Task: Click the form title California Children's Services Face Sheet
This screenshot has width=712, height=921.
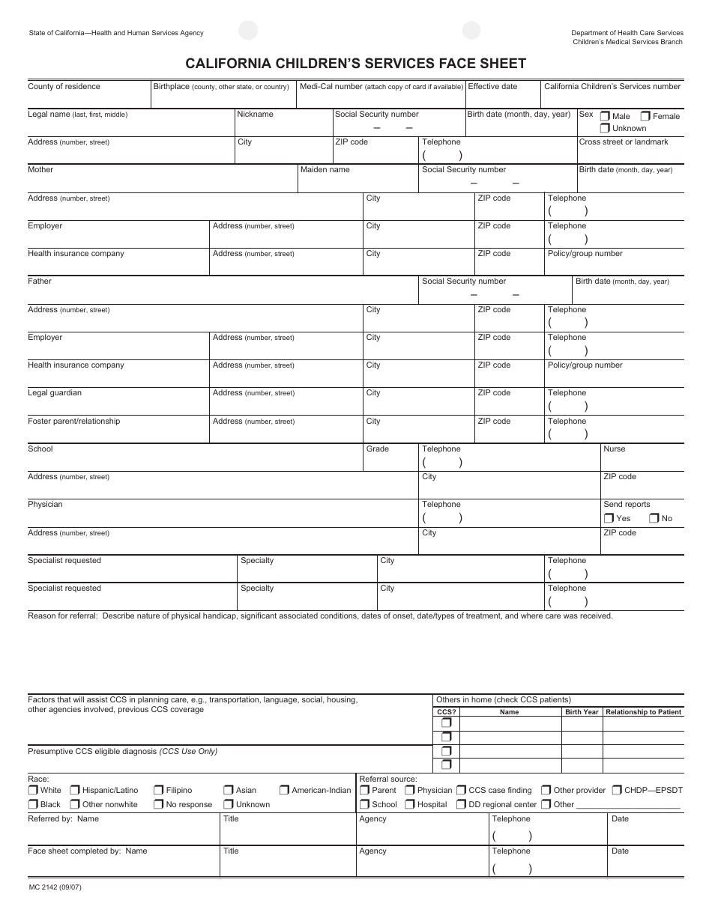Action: [356, 64]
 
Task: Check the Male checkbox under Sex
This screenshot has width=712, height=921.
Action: [605, 116]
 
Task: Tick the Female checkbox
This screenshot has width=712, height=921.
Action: [645, 116]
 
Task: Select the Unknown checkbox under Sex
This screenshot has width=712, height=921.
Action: [605, 128]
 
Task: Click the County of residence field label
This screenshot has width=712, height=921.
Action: [64, 87]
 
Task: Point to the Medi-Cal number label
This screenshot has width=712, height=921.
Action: [331, 87]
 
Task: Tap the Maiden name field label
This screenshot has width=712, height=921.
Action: [325, 170]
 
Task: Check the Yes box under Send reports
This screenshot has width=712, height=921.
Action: [609, 518]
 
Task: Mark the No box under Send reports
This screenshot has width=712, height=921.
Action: [654, 518]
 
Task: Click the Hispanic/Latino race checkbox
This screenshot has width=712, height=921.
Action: [75, 790]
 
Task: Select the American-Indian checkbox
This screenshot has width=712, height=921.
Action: [285, 790]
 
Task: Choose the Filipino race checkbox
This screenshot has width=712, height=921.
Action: [159, 790]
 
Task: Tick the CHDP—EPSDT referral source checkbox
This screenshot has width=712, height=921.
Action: [617, 790]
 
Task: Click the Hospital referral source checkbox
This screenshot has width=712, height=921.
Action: [410, 804]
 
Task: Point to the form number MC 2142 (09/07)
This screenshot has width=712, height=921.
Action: [55, 888]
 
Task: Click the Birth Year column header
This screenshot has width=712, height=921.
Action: [582, 712]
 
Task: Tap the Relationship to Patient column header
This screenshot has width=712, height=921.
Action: [643, 712]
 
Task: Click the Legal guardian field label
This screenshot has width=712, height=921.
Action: [55, 393]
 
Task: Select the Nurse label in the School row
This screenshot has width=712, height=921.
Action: [614, 449]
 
